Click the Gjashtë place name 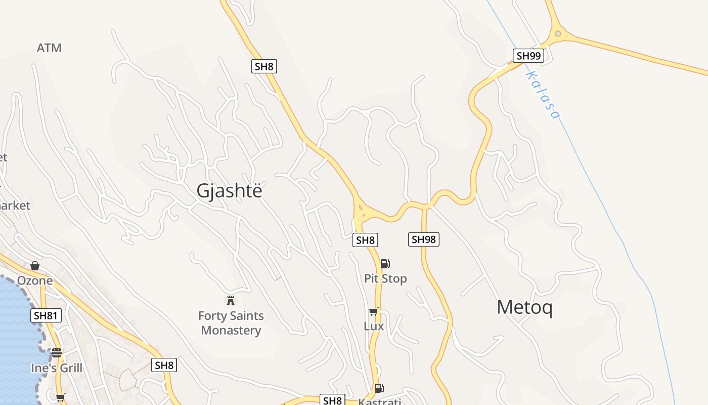[230, 191]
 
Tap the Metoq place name [524, 307]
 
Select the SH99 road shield [528, 56]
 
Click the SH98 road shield [423, 239]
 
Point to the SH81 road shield [46, 316]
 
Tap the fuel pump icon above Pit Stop [385, 263]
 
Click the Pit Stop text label [385, 278]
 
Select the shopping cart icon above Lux [374, 311]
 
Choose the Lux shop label [374, 327]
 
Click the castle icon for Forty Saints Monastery [231, 301]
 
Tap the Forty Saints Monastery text [231, 323]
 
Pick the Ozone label [35, 280]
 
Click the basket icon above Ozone [35, 266]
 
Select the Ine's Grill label [57, 368]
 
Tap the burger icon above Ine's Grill [57, 353]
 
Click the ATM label [49, 48]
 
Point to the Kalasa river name [543, 95]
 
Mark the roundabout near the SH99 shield [558, 34]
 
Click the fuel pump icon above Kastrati [379, 388]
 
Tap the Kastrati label [379, 402]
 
